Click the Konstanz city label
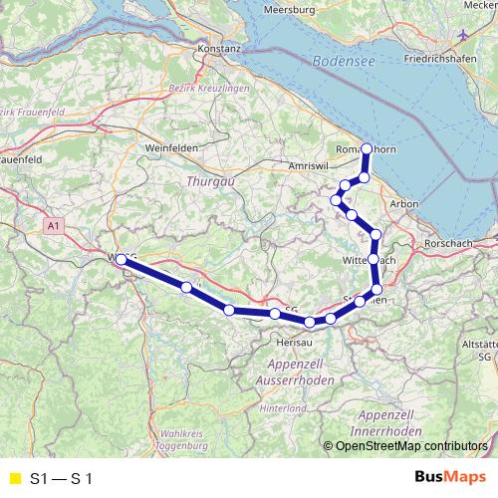[220, 48]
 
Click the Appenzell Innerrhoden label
[389, 420]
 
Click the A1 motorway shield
[53, 227]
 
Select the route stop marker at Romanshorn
[367, 149]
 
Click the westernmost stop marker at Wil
[121, 259]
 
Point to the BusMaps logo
[447, 477]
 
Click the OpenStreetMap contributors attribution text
[407, 447]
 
